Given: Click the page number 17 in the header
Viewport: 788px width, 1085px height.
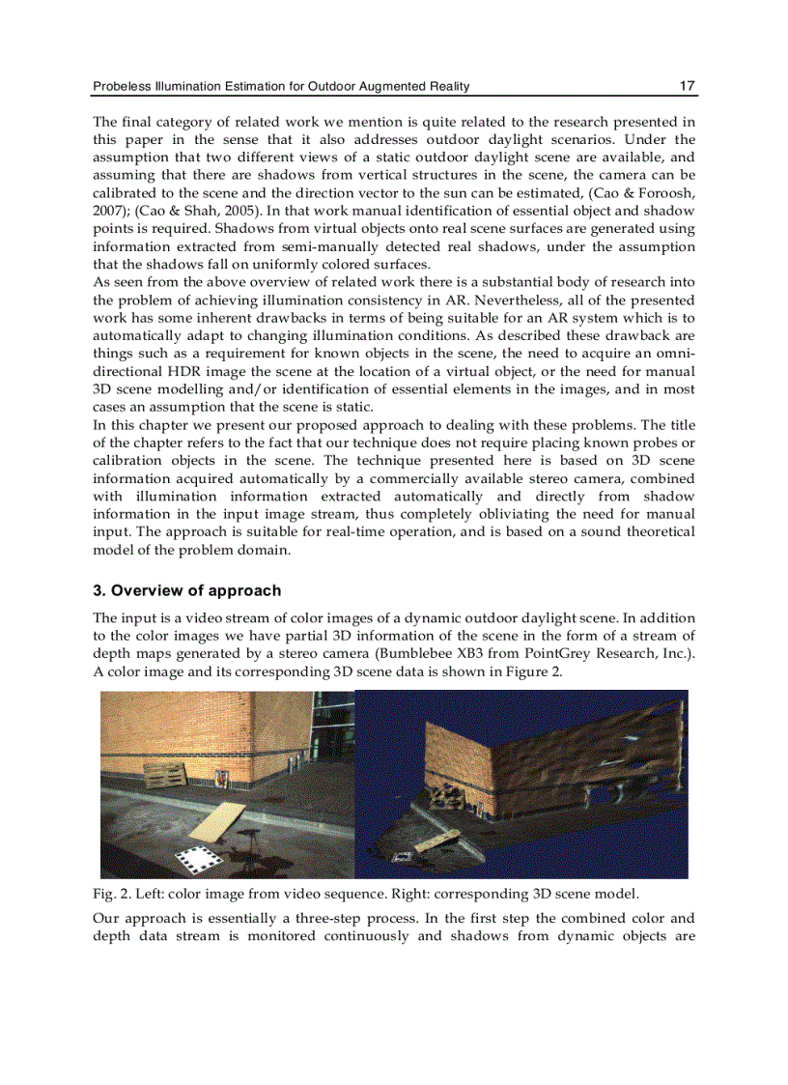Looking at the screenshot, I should (x=687, y=86).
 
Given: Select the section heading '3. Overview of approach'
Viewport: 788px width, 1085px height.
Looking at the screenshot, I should (x=186, y=590).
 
